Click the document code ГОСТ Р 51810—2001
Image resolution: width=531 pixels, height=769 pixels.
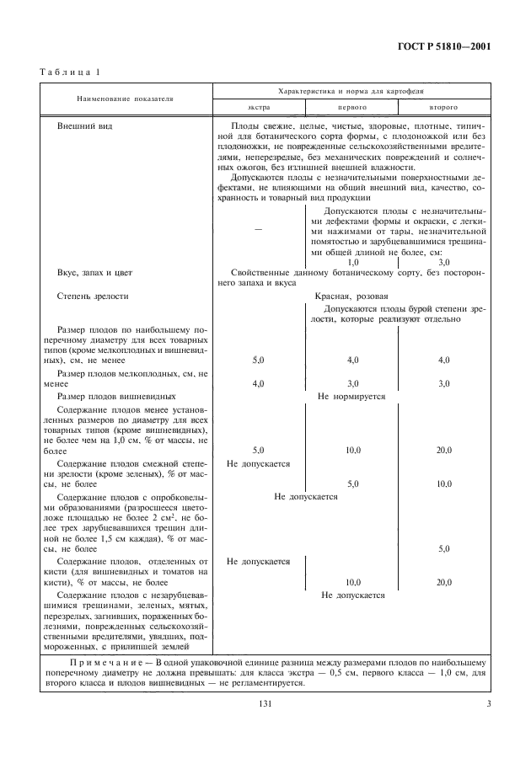[x=450, y=47]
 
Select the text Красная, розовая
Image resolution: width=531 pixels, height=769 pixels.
[x=351, y=296]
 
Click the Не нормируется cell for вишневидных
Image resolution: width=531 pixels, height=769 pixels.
[x=351, y=395]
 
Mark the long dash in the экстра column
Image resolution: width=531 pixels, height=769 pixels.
[x=258, y=229]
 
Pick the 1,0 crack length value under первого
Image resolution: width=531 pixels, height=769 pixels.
[x=352, y=262]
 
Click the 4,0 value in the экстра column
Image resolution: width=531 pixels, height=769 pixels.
[x=258, y=383]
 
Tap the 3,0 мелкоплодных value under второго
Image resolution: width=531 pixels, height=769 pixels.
[x=443, y=383]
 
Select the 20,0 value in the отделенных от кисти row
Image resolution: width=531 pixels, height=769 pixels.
[x=443, y=582]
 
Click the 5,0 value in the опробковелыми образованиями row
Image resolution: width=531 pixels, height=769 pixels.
[x=443, y=548]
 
